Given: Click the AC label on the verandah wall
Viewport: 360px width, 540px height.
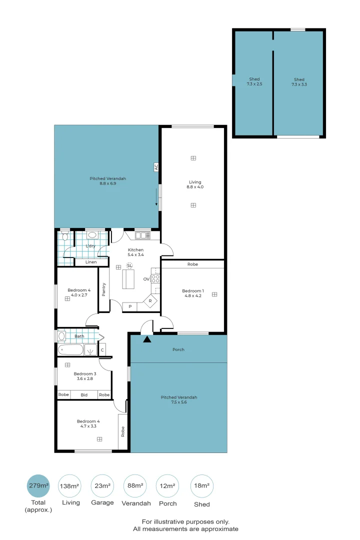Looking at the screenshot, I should click(x=156, y=167).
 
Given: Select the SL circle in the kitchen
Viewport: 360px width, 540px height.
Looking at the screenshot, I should click(x=129, y=265).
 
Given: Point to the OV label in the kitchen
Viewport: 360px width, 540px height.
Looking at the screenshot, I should click(x=146, y=279).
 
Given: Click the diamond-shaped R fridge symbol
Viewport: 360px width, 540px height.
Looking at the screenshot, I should click(x=150, y=301).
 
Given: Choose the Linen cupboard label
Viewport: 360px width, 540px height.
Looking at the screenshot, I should click(x=91, y=262).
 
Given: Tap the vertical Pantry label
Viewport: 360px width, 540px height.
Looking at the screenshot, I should click(x=104, y=290).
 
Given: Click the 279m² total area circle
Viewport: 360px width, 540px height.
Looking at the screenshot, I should click(x=38, y=486).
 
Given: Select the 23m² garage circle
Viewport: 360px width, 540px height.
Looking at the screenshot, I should click(x=102, y=486).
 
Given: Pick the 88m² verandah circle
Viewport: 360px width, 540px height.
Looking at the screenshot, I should click(x=135, y=486).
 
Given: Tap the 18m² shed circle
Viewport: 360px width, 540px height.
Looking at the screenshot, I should click(x=202, y=486).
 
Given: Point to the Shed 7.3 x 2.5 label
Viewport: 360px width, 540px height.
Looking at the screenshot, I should click(x=254, y=82).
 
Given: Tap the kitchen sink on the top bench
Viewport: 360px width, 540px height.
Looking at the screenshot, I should click(x=142, y=235).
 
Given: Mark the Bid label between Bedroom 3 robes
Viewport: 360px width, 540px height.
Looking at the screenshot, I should click(x=83, y=395).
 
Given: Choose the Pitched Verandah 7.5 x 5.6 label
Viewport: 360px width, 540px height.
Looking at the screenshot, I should click(x=178, y=400).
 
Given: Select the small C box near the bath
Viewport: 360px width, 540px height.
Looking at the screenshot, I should click(x=102, y=349).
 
